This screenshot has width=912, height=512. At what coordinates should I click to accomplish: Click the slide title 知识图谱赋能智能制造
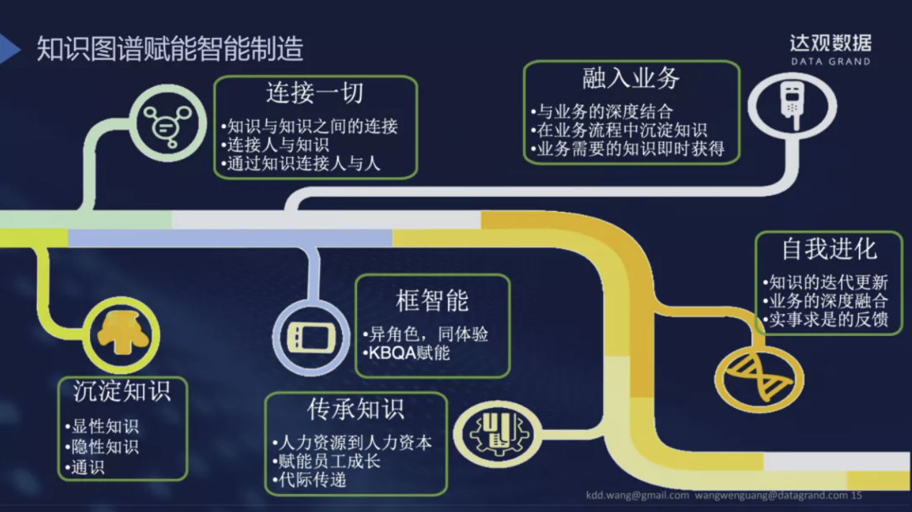170,49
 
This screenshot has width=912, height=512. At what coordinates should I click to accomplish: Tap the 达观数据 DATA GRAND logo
830,50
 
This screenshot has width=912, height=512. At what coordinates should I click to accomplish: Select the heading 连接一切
315,93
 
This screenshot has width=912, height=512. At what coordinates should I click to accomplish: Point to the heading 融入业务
630,78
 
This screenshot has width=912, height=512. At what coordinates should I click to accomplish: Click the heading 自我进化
829,249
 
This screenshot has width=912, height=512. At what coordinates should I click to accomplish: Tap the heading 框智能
432,300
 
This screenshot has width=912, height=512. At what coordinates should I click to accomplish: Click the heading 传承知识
355,409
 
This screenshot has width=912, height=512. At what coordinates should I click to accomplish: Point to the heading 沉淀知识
121,391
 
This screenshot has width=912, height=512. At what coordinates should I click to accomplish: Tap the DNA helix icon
759,378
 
